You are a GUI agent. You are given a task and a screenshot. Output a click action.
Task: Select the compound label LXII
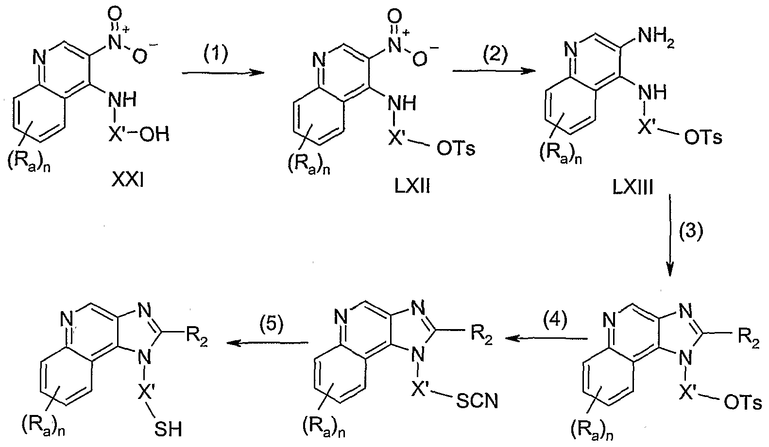[412, 187]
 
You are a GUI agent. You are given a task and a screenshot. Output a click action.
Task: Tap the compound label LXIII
[633, 188]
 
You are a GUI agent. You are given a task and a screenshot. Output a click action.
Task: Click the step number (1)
[216, 54]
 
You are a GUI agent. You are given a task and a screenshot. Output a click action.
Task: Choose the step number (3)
[691, 231]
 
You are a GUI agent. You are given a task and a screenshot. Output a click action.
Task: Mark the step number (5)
[272, 324]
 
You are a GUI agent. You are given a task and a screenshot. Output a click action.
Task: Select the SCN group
[477, 401]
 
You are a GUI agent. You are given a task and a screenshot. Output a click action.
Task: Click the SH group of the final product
[168, 430]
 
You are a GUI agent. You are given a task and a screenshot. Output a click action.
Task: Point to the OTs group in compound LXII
[456, 149]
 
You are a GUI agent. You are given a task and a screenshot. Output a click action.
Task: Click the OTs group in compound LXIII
[703, 137]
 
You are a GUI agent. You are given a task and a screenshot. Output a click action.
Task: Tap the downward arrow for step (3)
[670, 235]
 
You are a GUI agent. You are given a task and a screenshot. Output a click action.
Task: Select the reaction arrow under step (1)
[223, 73]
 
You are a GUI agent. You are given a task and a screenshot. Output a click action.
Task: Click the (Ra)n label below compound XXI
[29, 164]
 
